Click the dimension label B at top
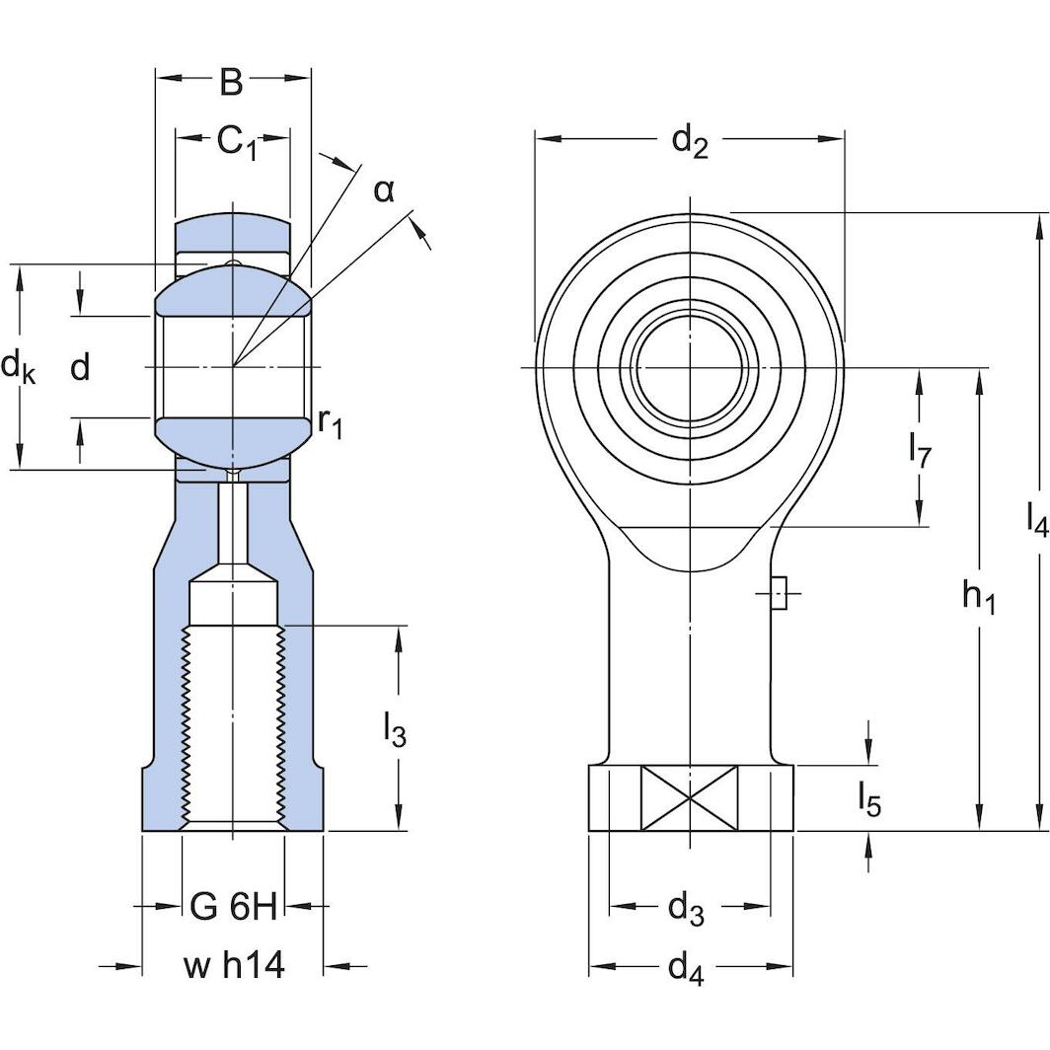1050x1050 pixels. click(x=231, y=83)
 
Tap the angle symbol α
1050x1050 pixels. click(x=384, y=189)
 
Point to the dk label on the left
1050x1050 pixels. click(x=18, y=368)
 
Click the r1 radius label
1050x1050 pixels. click(x=330, y=422)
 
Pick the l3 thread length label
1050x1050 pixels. click(x=394, y=732)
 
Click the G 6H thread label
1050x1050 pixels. click(x=233, y=907)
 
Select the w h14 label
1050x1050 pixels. click(x=233, y=966)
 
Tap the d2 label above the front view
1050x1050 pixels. click(x=690, y=141)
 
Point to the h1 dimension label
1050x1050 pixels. click(x=979, y=596)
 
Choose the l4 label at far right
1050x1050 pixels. click(x=1036, y=517)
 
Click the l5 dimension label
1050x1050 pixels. click(x=868, y=799)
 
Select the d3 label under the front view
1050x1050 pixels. click(x=687, y=907)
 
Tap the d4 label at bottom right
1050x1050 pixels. click(x=687, y=968)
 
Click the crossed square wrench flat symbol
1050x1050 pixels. click(x=690, y=797)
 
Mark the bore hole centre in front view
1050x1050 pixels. click(x=690, y=367)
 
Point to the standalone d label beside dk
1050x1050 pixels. click(x=81, y=368)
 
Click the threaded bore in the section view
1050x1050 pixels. click(x=233, y=725)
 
